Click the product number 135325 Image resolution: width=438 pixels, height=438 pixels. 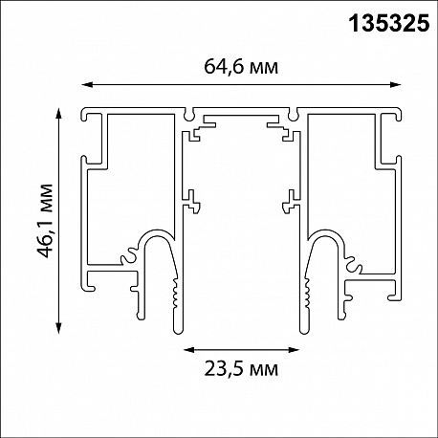(389, 23)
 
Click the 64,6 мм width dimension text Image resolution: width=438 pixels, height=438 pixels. (241, 67)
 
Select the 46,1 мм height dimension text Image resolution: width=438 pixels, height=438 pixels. (44, 221)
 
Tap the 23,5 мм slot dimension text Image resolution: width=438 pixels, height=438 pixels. (241, 369)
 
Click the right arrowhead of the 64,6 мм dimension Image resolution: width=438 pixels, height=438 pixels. (396, 84)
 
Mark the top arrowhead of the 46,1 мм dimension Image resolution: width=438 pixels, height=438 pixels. (58, 113)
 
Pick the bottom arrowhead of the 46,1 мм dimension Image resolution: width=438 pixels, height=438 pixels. (58, 328)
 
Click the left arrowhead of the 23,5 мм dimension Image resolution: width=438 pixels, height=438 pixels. (189, 350)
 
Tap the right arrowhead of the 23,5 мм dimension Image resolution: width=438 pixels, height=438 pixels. (294, 350)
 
